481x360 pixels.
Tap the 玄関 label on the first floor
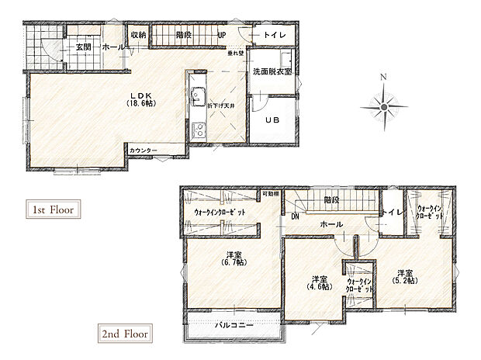point(84,47)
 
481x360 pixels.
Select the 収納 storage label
point(138,35)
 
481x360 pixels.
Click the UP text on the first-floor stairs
point(222,36)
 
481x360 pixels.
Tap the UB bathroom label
point(272,120)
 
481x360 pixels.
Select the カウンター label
point(144,150)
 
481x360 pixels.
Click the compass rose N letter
point(382,77)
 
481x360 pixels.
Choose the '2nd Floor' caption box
point(123,334)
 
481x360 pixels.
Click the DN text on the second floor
point(295,216)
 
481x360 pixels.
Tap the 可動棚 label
point(270,193)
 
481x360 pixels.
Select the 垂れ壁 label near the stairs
point(236,54)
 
